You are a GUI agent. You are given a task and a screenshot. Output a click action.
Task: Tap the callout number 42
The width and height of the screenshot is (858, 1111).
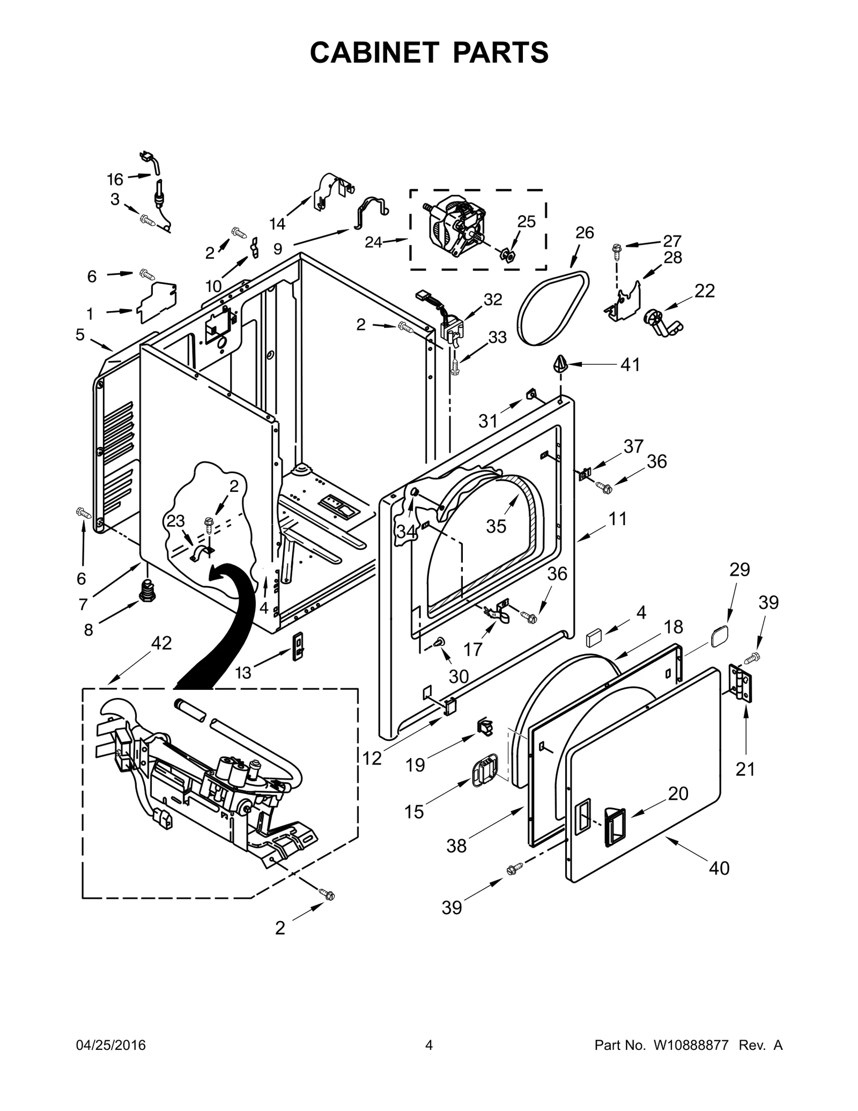click(x=161, y=643)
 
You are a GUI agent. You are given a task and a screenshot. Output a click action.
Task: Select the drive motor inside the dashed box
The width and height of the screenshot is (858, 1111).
click(x=455, y=225)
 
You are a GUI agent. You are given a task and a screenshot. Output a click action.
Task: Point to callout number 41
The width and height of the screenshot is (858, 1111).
click(x=630, y=365)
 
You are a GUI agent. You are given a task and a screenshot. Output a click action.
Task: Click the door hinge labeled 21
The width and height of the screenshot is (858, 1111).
click(x=741, y=682)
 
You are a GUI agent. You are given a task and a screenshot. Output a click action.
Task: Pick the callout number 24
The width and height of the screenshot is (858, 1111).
click(x=374, y=242)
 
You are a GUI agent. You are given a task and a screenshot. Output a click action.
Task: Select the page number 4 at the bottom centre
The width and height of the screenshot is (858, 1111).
click(x=428, y=1045)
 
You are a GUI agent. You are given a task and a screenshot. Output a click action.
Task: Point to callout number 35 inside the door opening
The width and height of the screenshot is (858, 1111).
click(x=496, y=526)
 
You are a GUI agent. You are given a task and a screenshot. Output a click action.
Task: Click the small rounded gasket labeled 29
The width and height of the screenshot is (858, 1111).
click(x=719, y=637)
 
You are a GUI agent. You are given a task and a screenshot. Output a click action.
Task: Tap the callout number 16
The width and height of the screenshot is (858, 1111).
click(x=115, y=179)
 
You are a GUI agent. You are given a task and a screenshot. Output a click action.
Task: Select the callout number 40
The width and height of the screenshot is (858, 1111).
click(x=719, y=867)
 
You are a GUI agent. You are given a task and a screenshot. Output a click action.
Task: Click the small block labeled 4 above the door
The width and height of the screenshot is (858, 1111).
click(x=595, y=639)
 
